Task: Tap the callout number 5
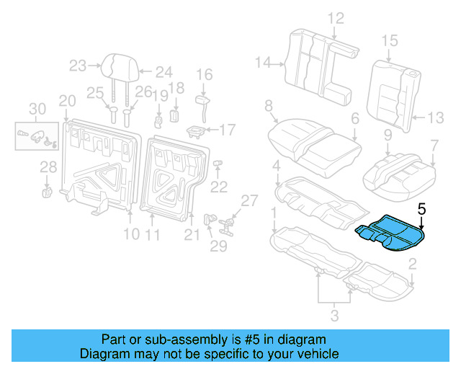pos(421,209)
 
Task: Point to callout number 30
pos(36,109)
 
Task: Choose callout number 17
pos(227,130)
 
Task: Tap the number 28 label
pos(48,168)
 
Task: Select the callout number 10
pos(130,234)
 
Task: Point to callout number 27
pos(248,200)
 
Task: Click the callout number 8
pos(269,107)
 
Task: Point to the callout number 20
pos(66,99)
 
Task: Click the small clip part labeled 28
pos(47,192)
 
